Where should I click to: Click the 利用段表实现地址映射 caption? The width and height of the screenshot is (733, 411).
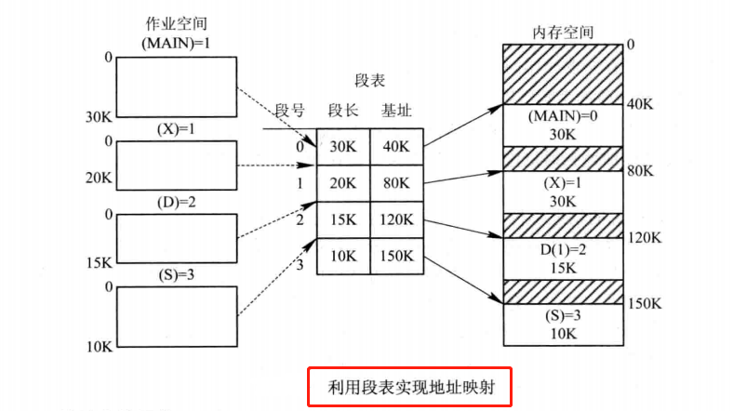pos(409,385)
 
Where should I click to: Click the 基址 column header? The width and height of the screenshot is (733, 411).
pos(396,111)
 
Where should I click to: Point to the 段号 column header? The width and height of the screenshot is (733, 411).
pos(289,111)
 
